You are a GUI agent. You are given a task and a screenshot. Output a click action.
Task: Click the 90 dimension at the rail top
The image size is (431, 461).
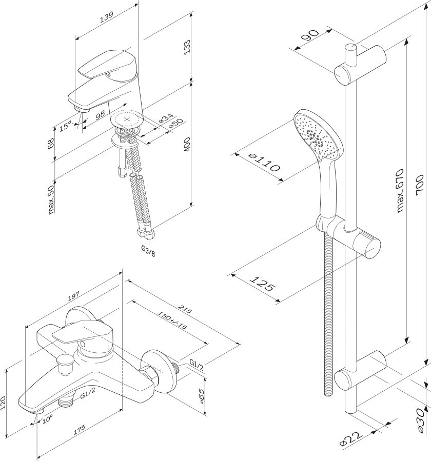coord(310,37)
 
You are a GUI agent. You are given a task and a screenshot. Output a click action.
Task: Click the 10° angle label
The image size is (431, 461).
coord(47,419)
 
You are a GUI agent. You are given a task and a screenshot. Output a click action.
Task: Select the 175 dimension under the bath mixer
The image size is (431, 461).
coord(79,430)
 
